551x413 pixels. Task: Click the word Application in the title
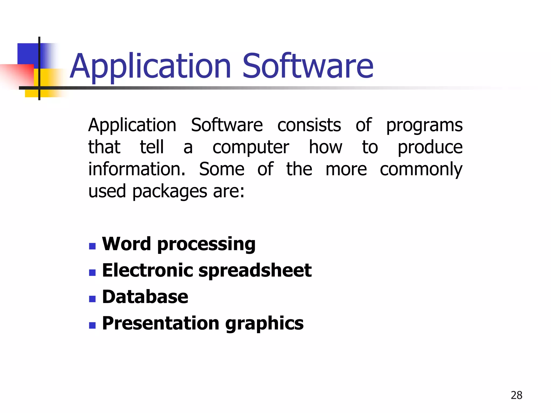click(x=150, y=66)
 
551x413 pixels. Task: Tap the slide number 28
click(x=516, y=395)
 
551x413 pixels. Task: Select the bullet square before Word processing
click(x=92, y=246)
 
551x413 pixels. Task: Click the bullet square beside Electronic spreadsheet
click(x=92, y=273)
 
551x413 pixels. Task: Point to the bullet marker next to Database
click(x=92, y=299)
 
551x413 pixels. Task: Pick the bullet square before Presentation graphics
click(x=92, y=326)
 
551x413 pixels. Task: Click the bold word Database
click(x=145, y=297)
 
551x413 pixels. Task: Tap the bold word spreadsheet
click(x=255, y=271)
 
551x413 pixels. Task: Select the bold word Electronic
click(x=148, y=270)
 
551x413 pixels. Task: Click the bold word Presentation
click(x=161, y=323)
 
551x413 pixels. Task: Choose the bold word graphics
click(x=264, y=324)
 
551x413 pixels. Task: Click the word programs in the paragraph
click(x=424, y=126)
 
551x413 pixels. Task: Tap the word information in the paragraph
click(x=137, y=169)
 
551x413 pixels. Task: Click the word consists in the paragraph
click(x=309, y=125)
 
